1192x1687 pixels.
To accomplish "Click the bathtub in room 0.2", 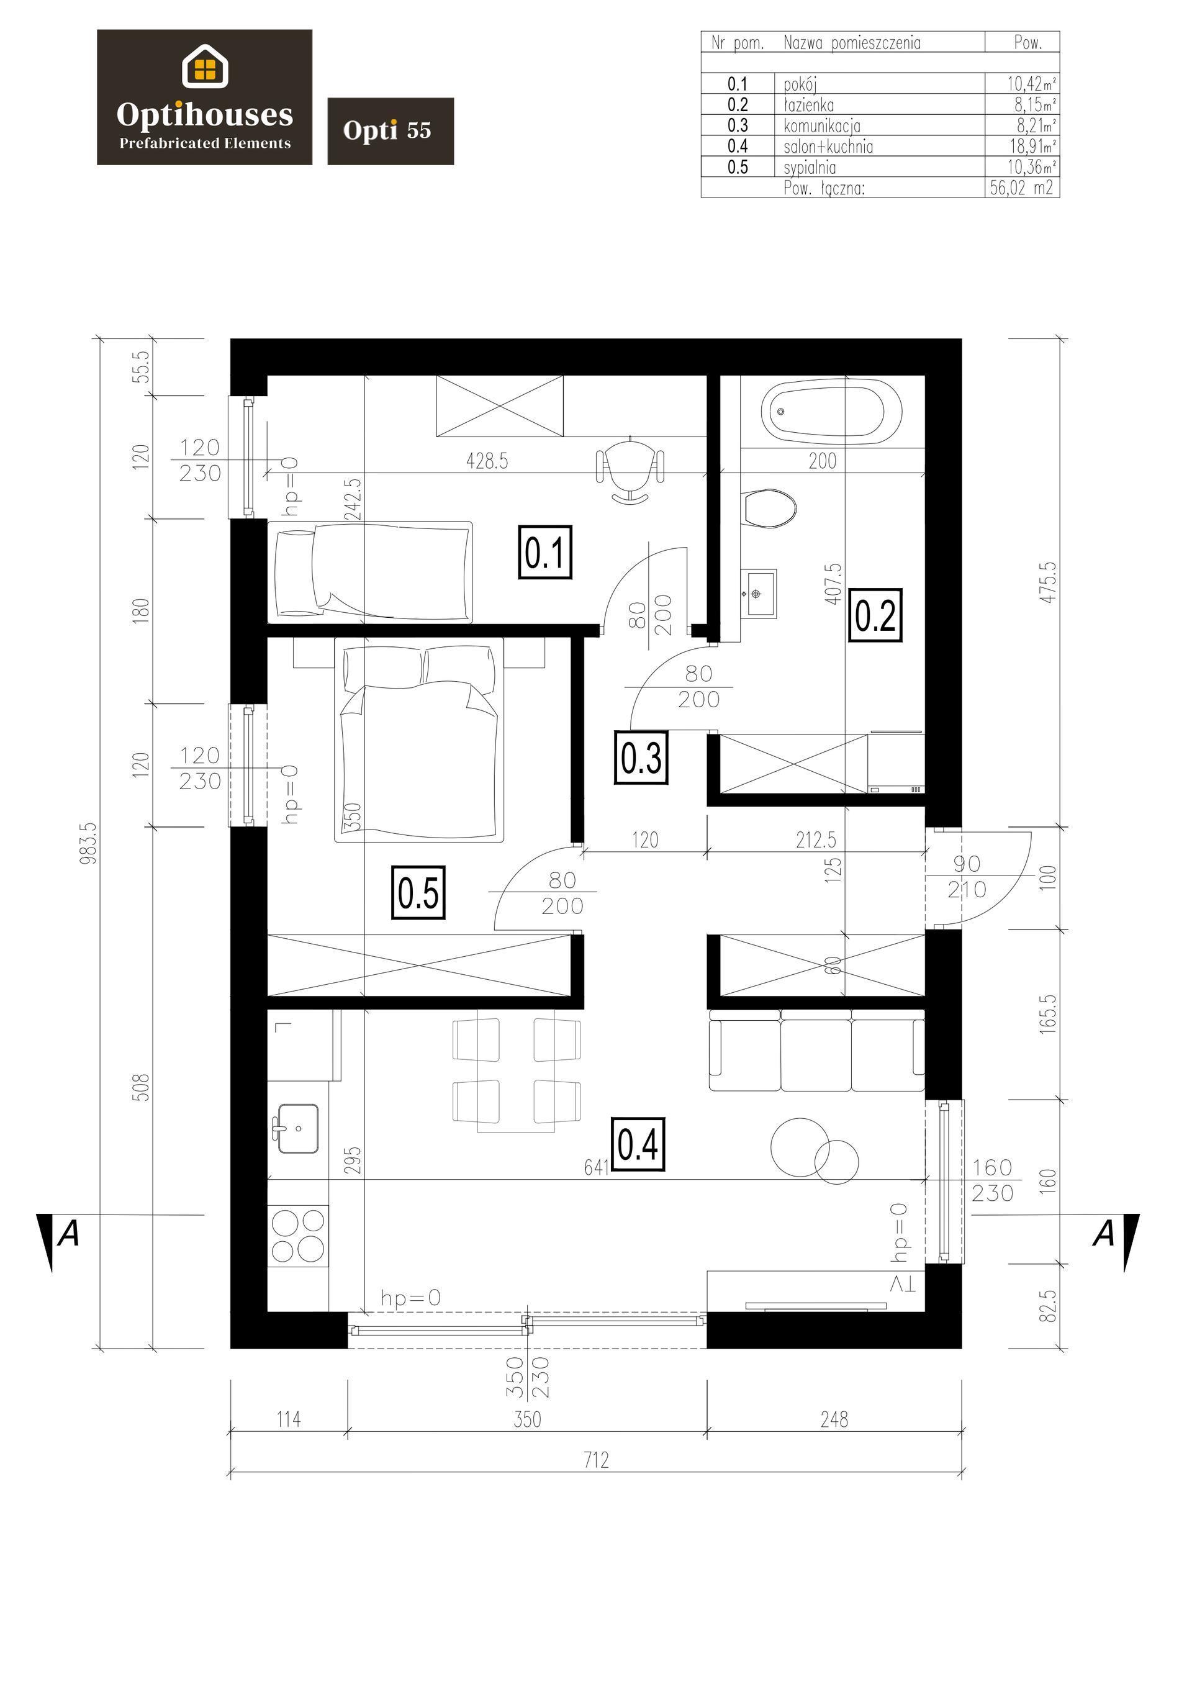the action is pos(831,412).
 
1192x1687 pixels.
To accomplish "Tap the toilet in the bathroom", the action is pos(769,509).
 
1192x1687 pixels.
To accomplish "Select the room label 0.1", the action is pos(545,553).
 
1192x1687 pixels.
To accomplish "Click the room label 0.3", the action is pos(641,758).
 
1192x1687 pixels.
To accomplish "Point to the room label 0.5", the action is pos(419,893).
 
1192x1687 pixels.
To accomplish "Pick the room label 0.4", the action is pos(638,1143).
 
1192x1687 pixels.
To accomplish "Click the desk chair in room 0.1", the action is pos(631,469).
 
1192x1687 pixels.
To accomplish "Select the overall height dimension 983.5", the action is pos(89,843).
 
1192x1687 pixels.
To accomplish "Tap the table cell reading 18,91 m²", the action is pos(1031,145).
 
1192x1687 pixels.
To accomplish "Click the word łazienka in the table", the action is pos(808,104).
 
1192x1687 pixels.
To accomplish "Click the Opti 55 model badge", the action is pos(391,131).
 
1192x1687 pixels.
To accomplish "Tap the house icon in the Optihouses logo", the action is pos(205,66).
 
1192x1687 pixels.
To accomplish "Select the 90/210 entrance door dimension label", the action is pos(967,877).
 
